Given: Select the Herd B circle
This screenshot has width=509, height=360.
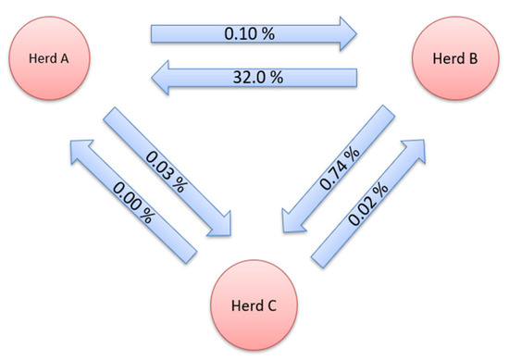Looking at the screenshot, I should click(453, 59).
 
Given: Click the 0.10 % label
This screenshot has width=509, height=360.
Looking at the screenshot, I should click(249, 34).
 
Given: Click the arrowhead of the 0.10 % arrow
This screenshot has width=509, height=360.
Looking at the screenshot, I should click(348, 34).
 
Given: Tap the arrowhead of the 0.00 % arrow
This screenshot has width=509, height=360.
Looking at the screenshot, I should click(77, 148).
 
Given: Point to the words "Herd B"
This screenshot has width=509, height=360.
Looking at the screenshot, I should click(453, 59).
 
